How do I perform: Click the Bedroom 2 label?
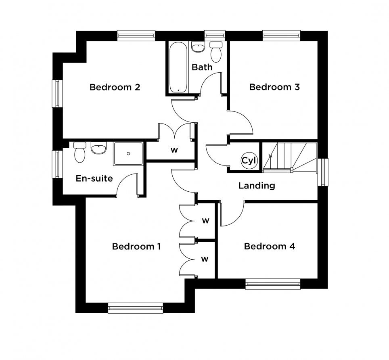(x=115, y=87)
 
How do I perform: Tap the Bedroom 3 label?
(x=274, y=87)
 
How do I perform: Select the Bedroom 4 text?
(x=270, y=246)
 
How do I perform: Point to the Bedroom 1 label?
(x=136, y=246)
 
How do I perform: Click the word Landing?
(x=257, y=186)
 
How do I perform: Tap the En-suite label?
(x=94, y=178)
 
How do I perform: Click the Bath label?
(x=202, y=67)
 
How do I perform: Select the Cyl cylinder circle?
(x=249, y=161)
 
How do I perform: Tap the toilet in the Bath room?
(x=216, y=52)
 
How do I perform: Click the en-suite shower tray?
(x=128, y=154)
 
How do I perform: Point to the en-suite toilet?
(x=79, y=152)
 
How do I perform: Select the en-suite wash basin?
(x=99, y=148)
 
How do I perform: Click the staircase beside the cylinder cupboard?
(x=290, y=157)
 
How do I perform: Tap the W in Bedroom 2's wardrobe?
(x=174, y=150)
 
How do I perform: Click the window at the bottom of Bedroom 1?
(x=136, y=308)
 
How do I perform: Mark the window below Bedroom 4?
(x=273, y=284)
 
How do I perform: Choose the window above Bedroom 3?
(x=282, y=36)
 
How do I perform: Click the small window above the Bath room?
(x=215, y=36)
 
